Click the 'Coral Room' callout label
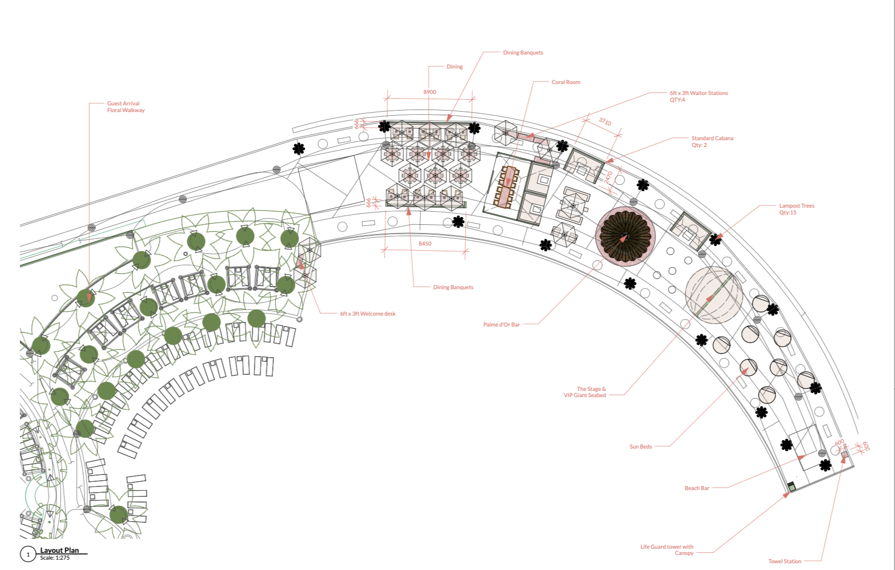(x=565, y=82)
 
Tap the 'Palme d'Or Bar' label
(x=501, y=324)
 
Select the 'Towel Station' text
(x=784, y=561)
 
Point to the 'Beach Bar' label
(x=697, y=488)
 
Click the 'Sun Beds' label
(x=640, y=446)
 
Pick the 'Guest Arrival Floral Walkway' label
(x=126, y=106)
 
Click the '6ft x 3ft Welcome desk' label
(x=368, y=314)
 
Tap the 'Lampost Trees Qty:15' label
(x=796, y=209)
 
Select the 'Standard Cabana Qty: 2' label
(x=712, y=141)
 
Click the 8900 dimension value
(x=429, y=92)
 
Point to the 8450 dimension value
(x=425, y=243)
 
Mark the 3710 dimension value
(x=605, y=121)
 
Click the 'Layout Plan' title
(x=60, y=550)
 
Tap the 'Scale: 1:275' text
(x=55, y=558)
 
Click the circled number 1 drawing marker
(x=28, y=554)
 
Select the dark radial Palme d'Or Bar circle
(x=625, y=237)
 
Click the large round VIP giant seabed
(x=714, y=295)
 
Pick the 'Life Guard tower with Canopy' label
(x=667, y=550)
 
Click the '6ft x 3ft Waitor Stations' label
(x=698, y=96)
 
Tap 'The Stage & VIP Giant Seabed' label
(x=585, y=392)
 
